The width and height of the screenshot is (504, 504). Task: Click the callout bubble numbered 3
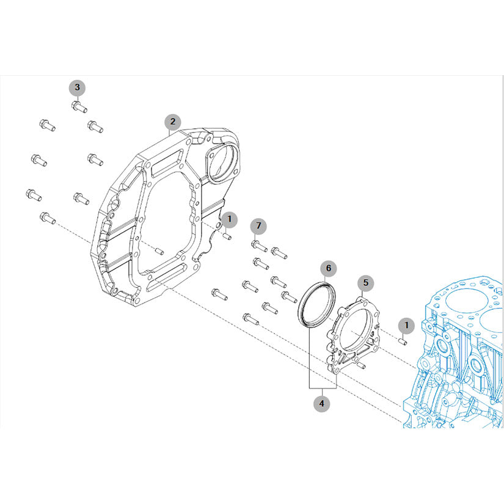pyautogui.click(x=77, y=87)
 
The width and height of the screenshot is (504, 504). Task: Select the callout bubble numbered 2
pyautogui.click(x=173, y=122)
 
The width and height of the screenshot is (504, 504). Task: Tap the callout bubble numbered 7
pyautogui.click(x=259, y=226)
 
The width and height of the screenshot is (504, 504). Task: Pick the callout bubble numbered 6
pyautogui.click(x=329, y=268)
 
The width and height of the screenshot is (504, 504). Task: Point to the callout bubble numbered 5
pyautogui.click(x=366, y=283)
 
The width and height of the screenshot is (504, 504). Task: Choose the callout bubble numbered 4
pyautogui.click(x=322, y=403)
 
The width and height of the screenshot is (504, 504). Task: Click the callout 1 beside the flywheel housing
pyautogui.click(x=230, y=219)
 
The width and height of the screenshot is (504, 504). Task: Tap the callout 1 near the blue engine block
pyautogui.click(x=407, y=326)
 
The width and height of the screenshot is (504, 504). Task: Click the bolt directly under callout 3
pyautogui.click(x=79, y=106)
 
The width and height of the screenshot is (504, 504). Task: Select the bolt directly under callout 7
pyautogui.click(x=260, y=246)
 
